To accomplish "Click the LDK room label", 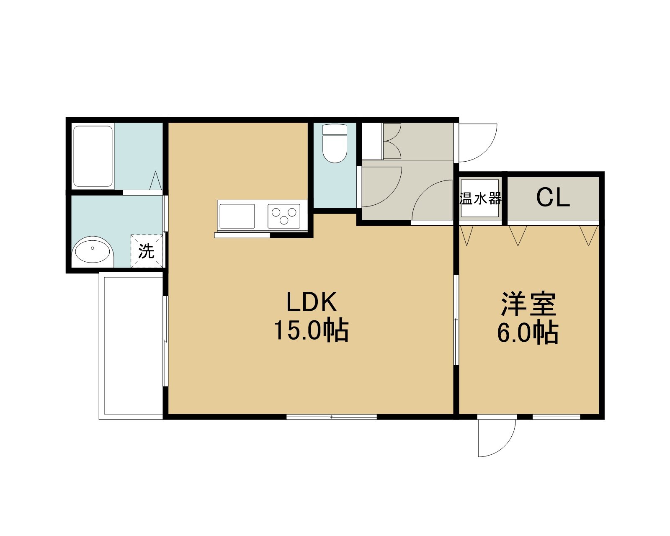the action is [311, 302].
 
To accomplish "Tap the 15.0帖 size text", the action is [311, 330].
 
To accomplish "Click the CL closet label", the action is [553, 198].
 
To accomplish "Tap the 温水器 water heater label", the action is [480, 198].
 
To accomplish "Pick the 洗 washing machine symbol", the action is [147, 251].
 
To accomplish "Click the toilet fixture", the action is [335, 143].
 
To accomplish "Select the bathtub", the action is [93, 156].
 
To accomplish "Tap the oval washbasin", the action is [93, 250].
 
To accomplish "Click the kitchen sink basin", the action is [237, 216].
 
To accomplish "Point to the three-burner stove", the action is [284, 216].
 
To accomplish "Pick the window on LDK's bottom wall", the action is [332, 417].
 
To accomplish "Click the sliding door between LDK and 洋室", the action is [456, 320].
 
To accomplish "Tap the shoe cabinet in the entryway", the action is [372, 142].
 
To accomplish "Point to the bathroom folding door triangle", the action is [156, 180].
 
